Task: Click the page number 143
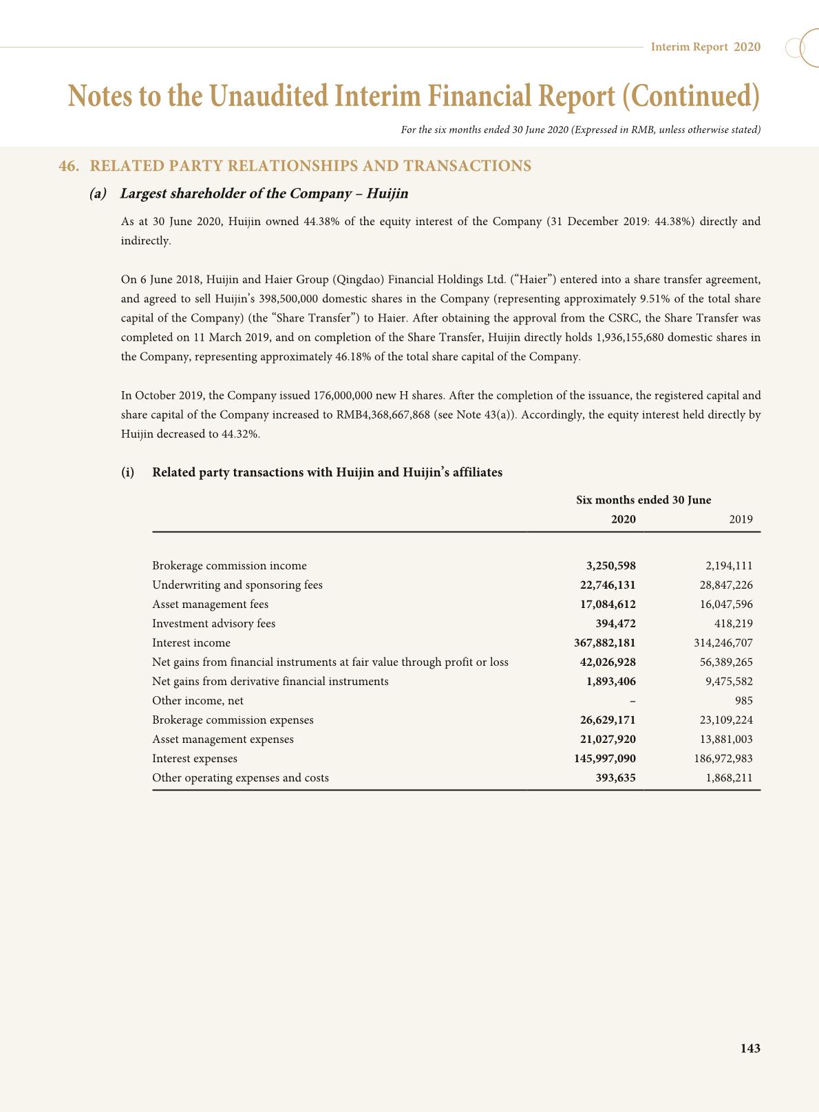[x=749, y=1048]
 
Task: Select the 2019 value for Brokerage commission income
[x=729, y=565]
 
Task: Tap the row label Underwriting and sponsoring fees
[x=237, y=585]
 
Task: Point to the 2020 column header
[x=623, y=519]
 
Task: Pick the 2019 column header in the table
[x=741, y=519]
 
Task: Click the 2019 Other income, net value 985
[x=743, y=700]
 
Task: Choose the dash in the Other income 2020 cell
[x=632, y=701]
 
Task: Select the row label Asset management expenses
[x=222, y=739]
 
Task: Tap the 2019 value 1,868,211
[x=729, y=777]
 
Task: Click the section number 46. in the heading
[x=68, y=166]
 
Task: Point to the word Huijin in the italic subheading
[x=387, y=193]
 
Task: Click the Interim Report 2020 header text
[x=705, y=47]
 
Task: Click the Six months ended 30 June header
[x=643, y=500]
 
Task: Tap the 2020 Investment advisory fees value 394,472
[x=615, y=623]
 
